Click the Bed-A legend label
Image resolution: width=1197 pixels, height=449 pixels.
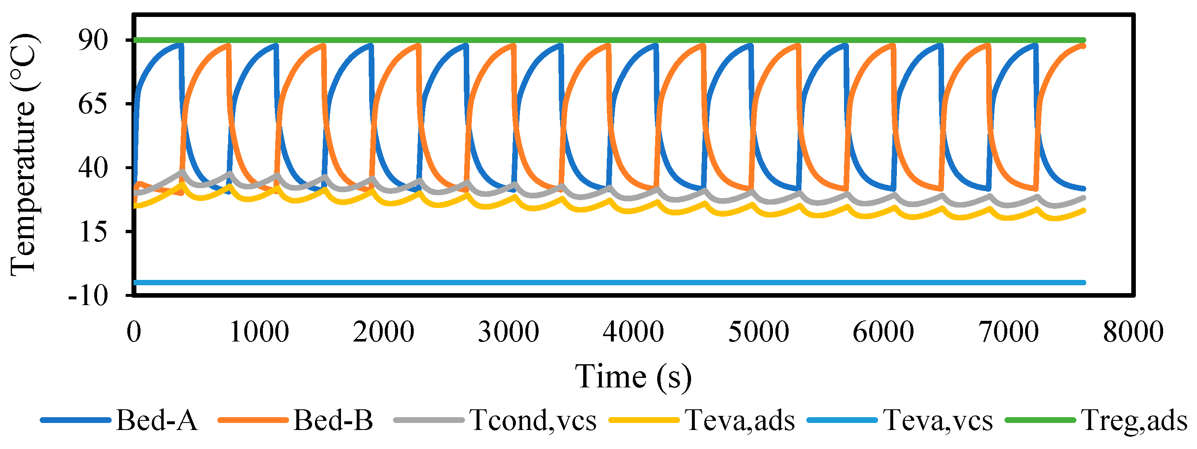[x=157, y=420]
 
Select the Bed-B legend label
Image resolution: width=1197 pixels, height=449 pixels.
[x=333, y=420]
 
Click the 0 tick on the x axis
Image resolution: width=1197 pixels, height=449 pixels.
[x=134, y=332]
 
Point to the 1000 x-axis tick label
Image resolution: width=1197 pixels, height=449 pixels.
[x=259, y=332]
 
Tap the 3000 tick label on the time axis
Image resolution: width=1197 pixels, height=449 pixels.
[x=508, y=332]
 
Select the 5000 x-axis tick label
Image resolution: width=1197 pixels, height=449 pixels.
[x=758, y=332]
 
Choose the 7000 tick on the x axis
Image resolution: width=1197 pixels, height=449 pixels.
[x=1009, y=332]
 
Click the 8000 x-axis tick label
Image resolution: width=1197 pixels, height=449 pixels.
[x=1133, y=332]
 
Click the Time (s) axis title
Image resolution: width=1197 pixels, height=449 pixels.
[x=633, y=377]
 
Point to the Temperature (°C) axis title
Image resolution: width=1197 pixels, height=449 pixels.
[x=23, y=155]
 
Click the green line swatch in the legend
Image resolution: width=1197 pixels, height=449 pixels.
[x=1040, y=420]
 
